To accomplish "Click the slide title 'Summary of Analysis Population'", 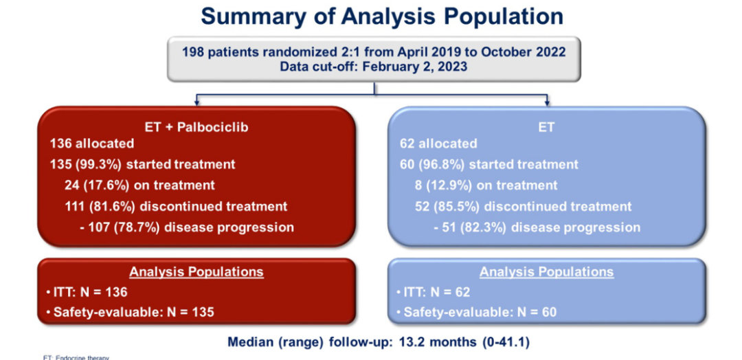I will [x=374, y=16].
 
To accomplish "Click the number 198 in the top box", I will [x=194, y=52].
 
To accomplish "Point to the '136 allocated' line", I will [x=92, y=144].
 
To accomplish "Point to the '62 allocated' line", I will [x=438, y=144].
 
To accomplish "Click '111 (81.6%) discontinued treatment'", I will [x=177, y=206].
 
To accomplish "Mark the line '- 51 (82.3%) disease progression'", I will [x=538, y=227].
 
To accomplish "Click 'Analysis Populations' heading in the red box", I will [x=196, y=271].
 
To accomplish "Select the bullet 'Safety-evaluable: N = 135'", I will [x=131, y=313].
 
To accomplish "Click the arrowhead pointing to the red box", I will [x=196, y=103].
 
